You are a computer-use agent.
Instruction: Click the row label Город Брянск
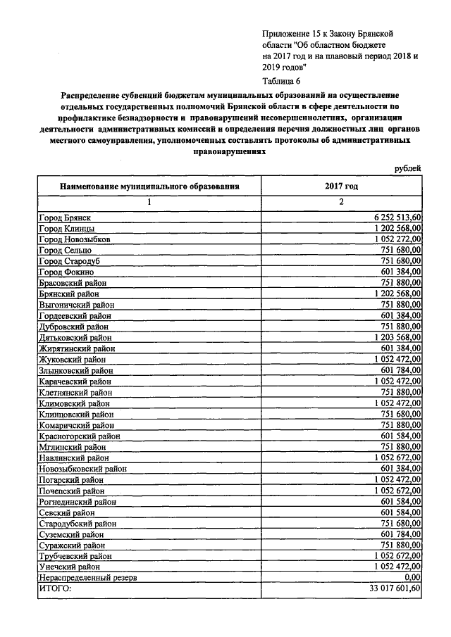64,217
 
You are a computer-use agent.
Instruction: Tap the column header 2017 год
341,186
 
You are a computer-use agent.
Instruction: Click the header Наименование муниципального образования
149,187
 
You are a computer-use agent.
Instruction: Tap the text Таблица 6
280,81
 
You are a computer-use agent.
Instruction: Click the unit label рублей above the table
408,168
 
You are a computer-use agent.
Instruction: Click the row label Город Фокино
65,272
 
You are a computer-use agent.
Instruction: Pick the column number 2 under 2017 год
341,202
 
